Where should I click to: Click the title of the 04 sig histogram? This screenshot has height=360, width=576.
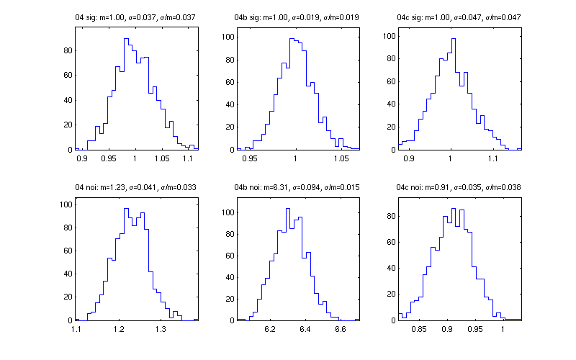pyautogui.click(x=136, y=17)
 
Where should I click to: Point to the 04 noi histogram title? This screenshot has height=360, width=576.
pyautogui.click(x=136, y=187)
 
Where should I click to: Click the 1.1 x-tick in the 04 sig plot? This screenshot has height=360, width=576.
pyautogui.click(x=189, y=157)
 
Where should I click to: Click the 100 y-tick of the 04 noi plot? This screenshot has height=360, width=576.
pyautogui.click(x=66, y=204)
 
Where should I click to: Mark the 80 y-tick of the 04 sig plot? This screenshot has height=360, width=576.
pyautogui.click(x=68, y=50)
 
